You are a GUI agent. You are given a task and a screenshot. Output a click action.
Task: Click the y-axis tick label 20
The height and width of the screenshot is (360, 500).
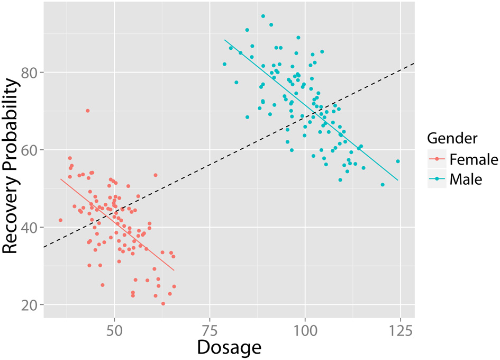(31, 305)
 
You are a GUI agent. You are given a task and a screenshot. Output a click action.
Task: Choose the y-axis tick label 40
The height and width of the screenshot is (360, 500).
(31, 228)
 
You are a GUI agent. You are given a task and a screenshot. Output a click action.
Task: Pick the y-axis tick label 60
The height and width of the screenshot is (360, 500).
(31, 150)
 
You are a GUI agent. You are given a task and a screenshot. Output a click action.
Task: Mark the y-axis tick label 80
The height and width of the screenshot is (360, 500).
(31, 73)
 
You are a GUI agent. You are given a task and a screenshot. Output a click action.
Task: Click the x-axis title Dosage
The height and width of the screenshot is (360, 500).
(229, 348)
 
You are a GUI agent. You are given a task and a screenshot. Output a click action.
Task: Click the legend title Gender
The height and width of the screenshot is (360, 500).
(452, 139)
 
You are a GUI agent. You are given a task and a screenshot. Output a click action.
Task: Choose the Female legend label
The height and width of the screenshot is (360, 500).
(474, 159)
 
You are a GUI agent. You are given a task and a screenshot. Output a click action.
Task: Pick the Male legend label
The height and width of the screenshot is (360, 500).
(466, 179)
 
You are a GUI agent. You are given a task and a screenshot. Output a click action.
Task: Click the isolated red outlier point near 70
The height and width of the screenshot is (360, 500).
(88, 111)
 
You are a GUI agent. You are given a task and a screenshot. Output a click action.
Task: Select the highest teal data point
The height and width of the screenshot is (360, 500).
(263, 16)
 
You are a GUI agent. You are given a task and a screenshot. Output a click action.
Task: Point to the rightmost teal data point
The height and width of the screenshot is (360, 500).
(398, 161)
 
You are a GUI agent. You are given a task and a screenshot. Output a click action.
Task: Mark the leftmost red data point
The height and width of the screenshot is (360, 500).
(60, 220)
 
